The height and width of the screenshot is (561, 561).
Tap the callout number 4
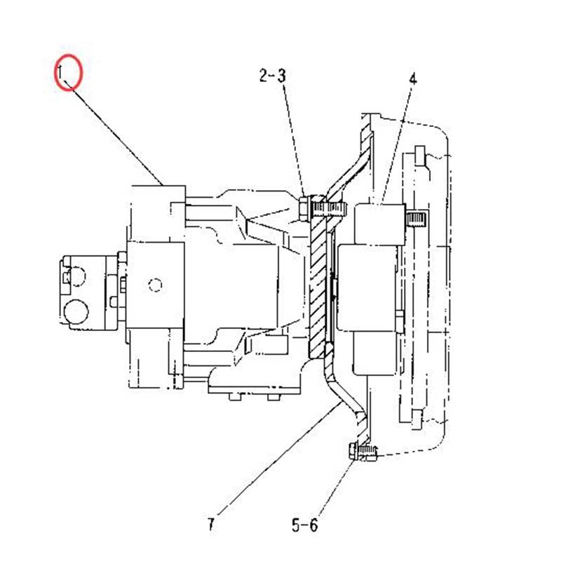coord(412,79)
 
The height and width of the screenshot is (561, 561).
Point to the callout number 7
coord(210,523)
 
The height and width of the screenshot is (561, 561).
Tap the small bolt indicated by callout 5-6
coord(363,452)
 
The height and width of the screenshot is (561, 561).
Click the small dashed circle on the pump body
coord(156,285)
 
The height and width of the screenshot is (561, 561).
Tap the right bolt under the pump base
coord(270,398)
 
